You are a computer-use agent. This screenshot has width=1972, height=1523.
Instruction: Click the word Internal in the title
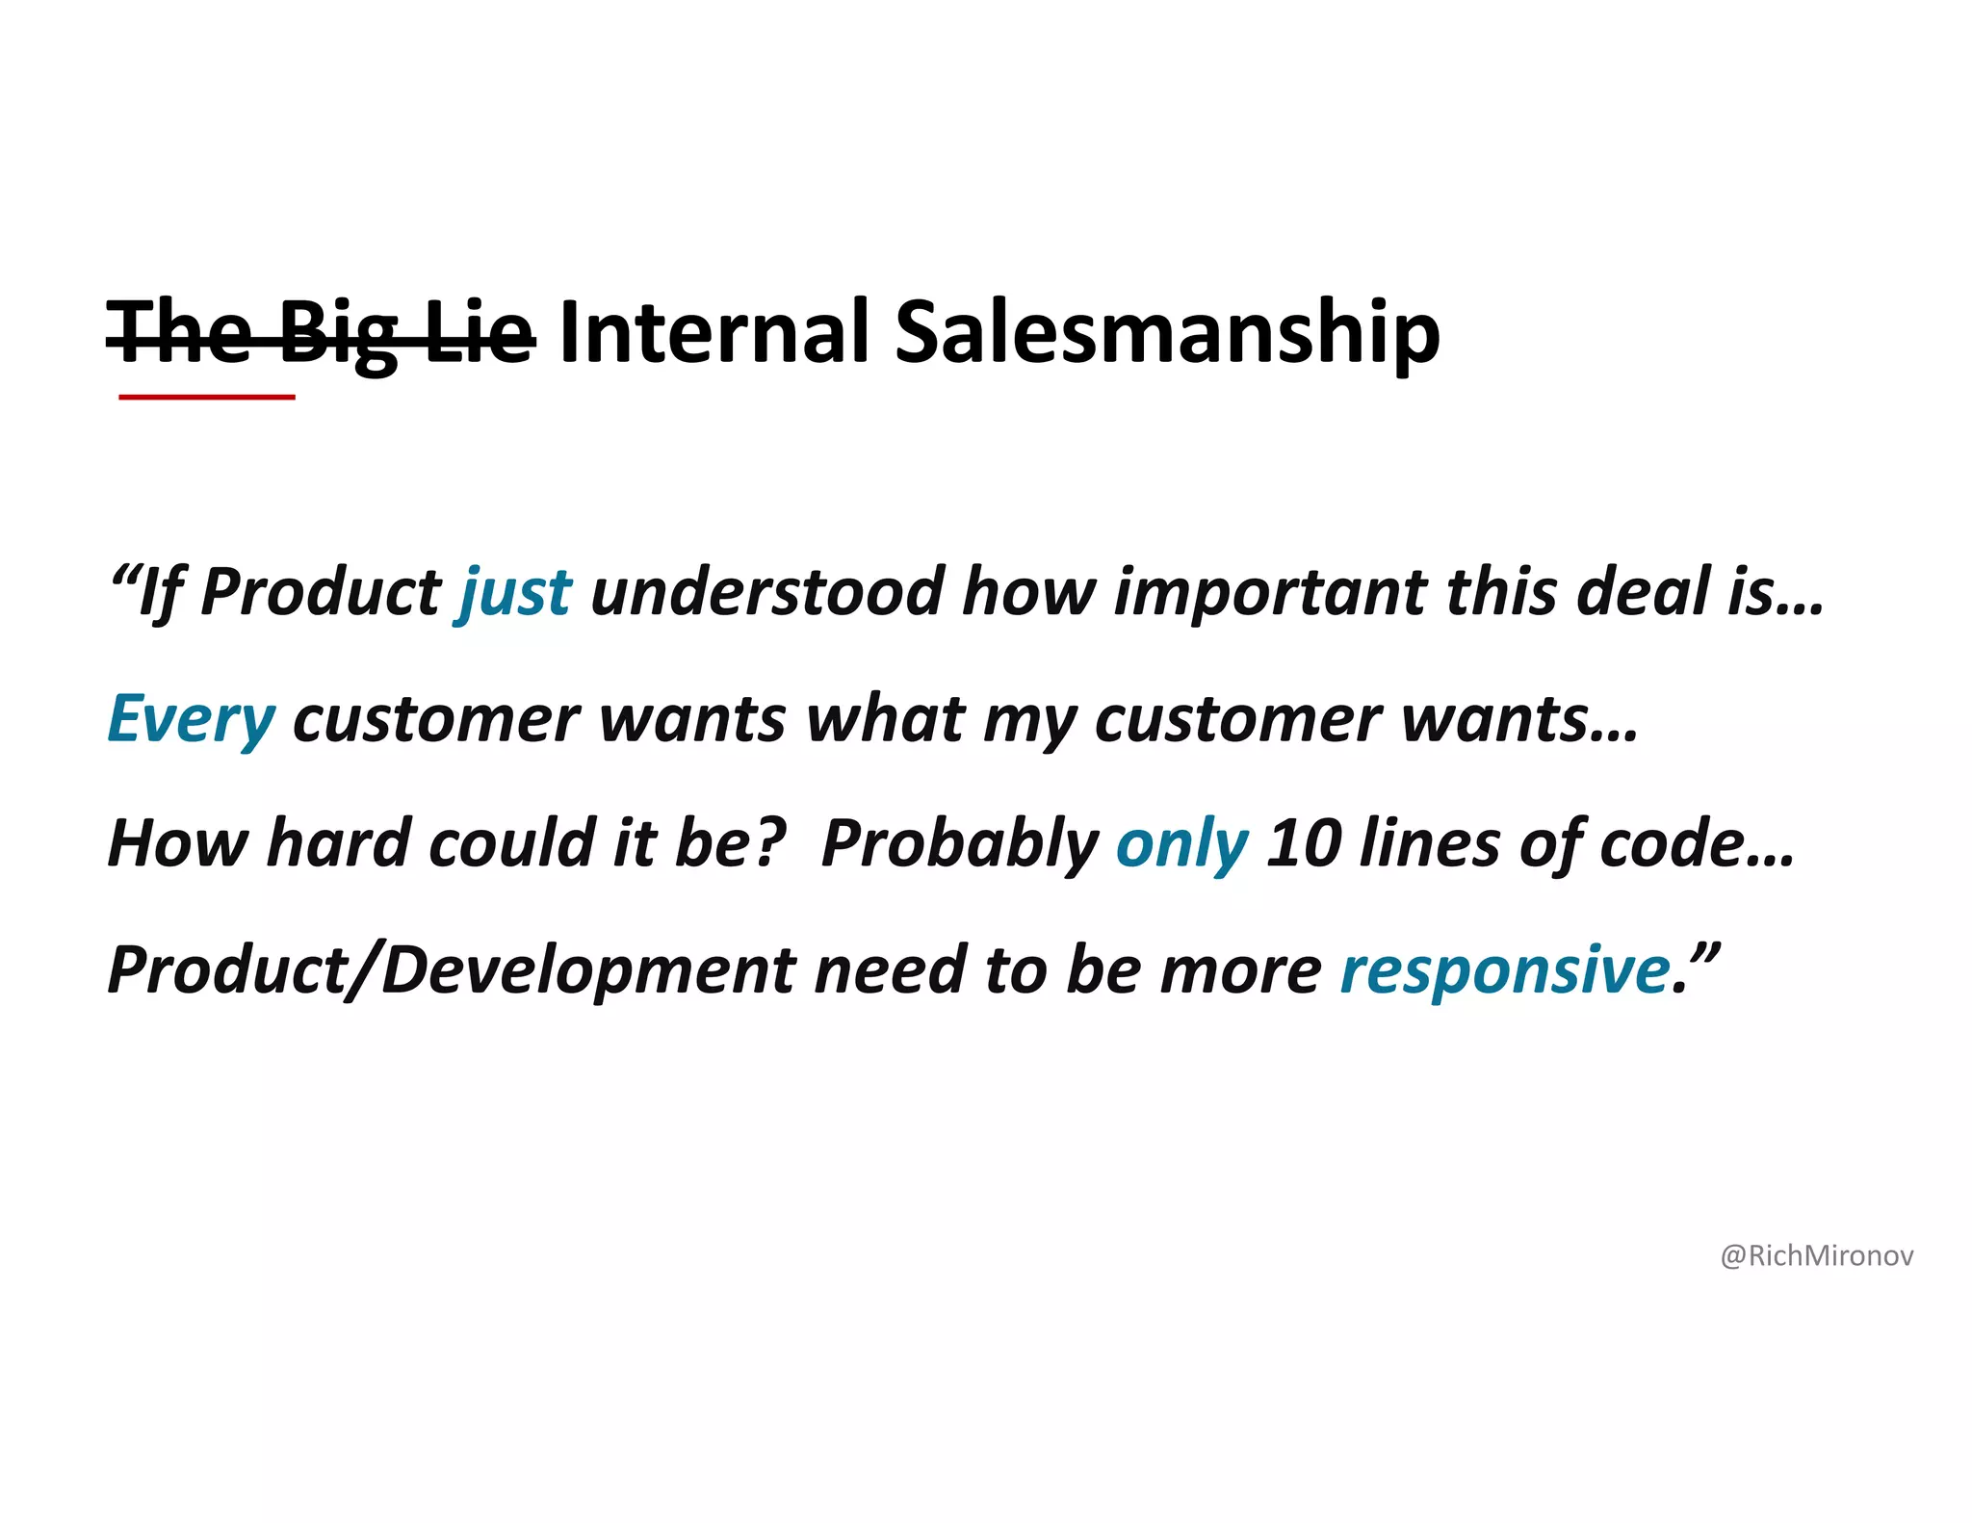[714, 332]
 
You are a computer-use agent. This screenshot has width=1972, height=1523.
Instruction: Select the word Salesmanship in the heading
[1167, 334]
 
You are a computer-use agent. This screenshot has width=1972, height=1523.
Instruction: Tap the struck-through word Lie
[479, 332]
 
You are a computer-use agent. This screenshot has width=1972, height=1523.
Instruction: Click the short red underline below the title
[206, 397]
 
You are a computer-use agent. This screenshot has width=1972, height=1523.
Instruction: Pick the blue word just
[515, 593]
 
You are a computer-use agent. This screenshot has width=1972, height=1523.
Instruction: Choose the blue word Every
[191, 720]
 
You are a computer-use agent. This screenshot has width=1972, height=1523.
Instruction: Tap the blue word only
[1181, 845]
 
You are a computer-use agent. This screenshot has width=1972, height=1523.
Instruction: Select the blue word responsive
[1505, 969]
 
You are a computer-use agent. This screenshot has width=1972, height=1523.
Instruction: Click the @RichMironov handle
[1816, 1256]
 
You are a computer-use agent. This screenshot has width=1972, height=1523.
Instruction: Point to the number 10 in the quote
[1304, 843]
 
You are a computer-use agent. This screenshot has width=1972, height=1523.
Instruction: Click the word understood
[766, 591]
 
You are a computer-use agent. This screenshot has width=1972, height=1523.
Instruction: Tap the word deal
[1646, 591]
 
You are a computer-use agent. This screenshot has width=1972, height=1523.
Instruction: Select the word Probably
[959, 845]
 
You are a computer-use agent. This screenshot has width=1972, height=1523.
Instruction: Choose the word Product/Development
[452, 970]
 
